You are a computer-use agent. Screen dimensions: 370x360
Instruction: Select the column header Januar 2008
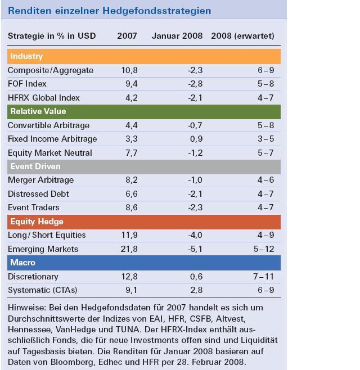click(x=178, y=36)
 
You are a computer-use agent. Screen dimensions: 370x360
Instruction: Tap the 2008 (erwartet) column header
click(x=242, y=36)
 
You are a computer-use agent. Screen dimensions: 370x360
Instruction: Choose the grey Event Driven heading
click(x=35, y=166)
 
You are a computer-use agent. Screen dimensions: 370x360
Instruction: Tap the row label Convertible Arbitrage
click(x=48, y=125)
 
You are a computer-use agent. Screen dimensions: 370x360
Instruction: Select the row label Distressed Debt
click(x=38, y=194)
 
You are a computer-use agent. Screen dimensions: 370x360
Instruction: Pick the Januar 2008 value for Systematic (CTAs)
click(x=196, y=290)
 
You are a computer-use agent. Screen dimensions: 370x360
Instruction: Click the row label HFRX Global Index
click(x=44, y=98)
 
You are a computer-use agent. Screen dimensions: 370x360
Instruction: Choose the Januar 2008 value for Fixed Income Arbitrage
click(x=196, y=139)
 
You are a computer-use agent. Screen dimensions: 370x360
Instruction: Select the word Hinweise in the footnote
click(x=24, y=308)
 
